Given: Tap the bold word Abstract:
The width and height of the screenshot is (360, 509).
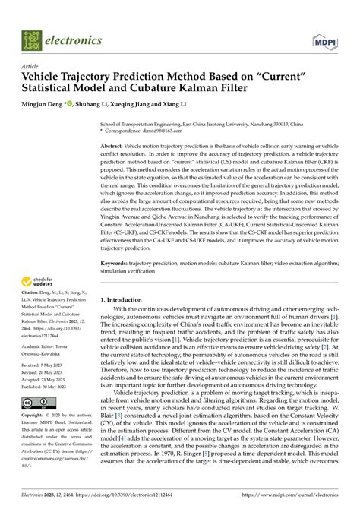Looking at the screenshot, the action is coord(115,145).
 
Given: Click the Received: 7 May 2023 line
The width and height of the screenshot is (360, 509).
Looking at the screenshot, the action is coord(48,365).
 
